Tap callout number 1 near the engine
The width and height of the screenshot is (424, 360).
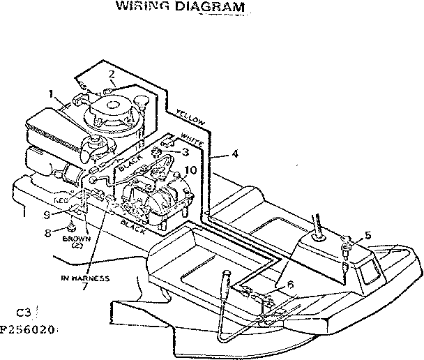(x=51, y=93)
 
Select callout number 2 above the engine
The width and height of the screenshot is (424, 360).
(x=111, y=75)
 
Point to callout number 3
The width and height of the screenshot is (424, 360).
(x=185, y=151)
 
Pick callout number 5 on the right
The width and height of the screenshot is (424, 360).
(x=368, y=235)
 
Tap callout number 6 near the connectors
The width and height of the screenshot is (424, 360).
(x=290, y=284)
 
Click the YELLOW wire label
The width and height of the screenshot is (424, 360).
(x=190, y=118)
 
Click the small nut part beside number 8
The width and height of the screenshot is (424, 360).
(x=73, y=227)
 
